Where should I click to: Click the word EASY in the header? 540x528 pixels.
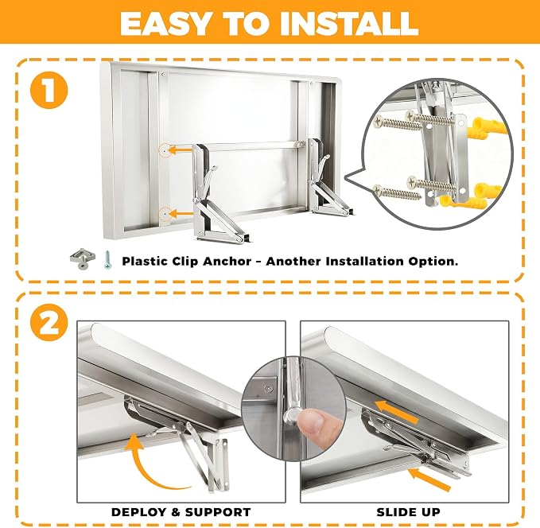point(165,23)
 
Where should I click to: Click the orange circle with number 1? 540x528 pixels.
point(49,90)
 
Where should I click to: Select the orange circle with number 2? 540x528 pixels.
point(49,324)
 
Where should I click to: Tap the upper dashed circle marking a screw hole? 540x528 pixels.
point(165,150)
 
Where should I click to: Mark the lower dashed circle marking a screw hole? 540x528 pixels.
point(165,214)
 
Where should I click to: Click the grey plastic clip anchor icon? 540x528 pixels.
point(81,258)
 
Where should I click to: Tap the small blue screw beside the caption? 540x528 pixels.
point(108,259)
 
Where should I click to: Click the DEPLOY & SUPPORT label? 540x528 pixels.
point(181,512)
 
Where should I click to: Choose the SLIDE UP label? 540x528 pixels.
point(409,512)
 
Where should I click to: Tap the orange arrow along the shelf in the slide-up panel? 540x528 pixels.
point(396,411)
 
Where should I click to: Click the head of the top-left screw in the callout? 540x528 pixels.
point(379,121)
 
